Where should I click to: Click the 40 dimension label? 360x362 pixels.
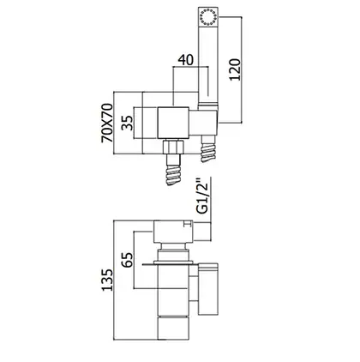click(x=186, y=59)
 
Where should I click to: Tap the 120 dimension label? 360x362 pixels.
click(x=235, y=69)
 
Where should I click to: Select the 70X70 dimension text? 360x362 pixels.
click(x=107, y=123)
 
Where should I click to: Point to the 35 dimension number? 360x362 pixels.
click(x=127, y=123)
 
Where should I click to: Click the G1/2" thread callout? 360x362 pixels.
click(x=203, y=196)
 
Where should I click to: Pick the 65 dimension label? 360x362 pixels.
click(x=127, y=260)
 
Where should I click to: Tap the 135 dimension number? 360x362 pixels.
click(x=107, y=280)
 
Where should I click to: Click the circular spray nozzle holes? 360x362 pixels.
click(x=208, y=17)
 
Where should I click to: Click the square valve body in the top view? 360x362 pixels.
click(x=173, y=124)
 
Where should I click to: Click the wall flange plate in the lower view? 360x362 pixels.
click(x=172, y=262)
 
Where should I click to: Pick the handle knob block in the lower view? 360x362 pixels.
click(x=173, y=232)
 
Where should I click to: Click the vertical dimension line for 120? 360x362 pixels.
click(x=243, y=70)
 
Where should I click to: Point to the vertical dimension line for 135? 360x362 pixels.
click(x=114, y=281)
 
